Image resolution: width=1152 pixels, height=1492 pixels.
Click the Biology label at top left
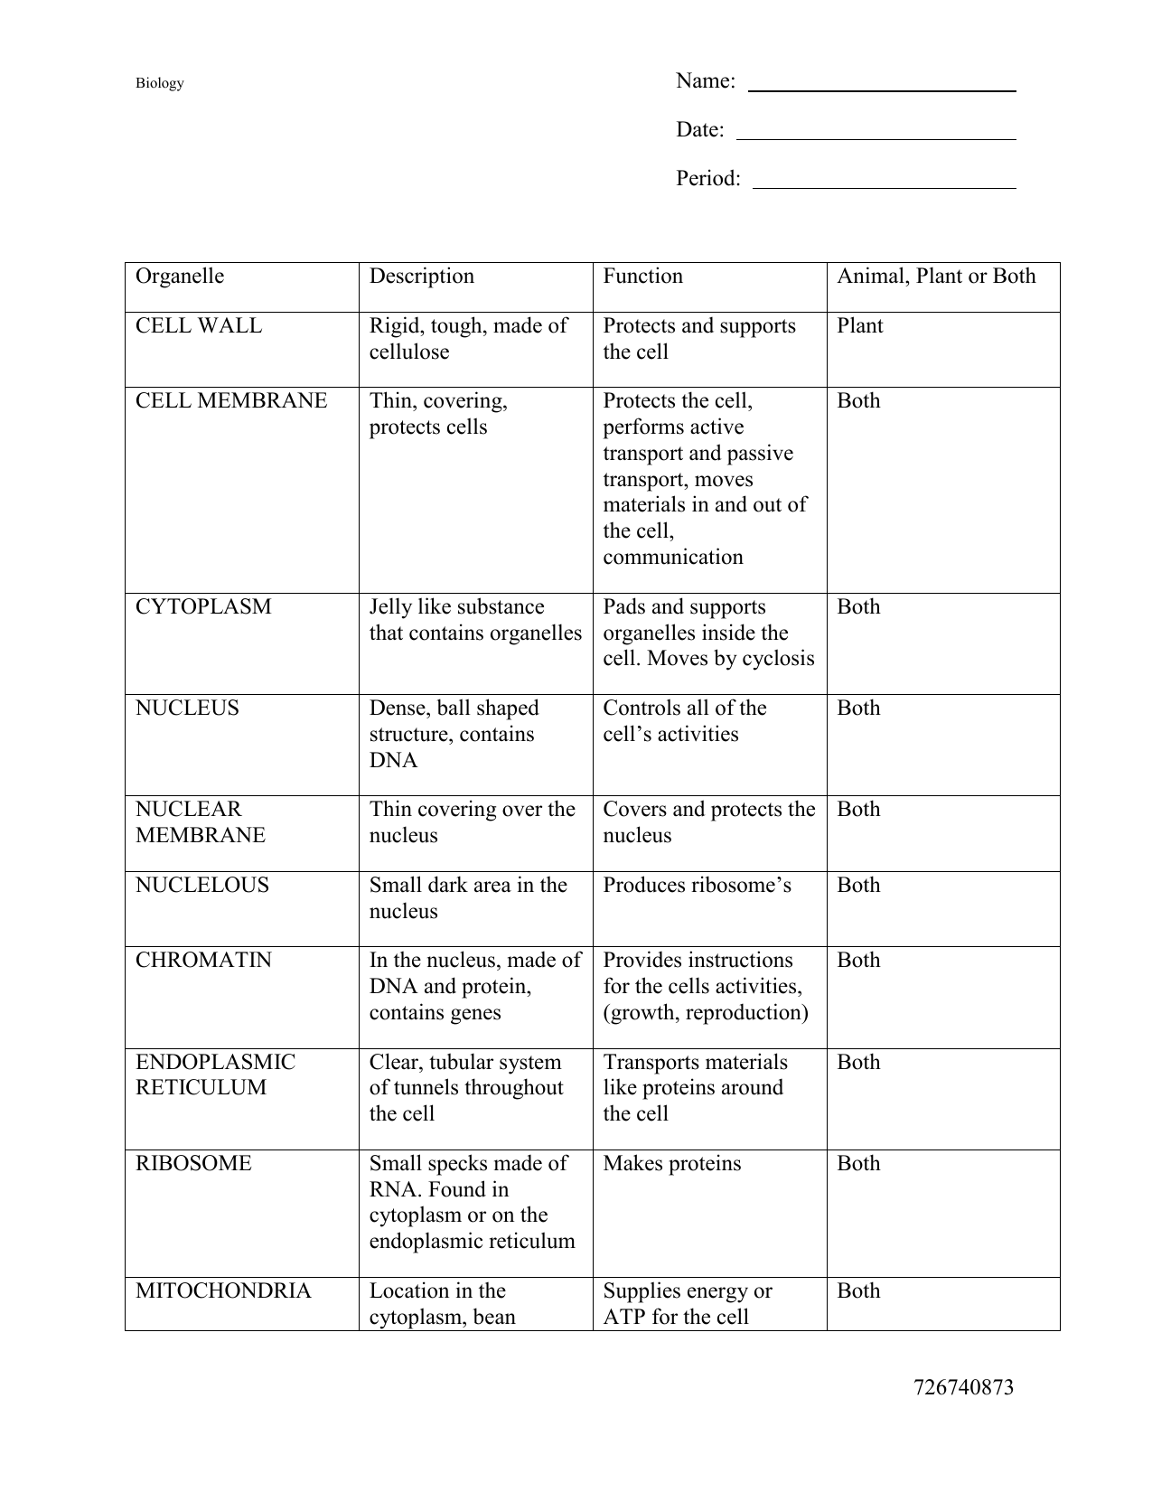(159, 83)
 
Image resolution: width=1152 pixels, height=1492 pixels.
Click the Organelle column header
(180, 277)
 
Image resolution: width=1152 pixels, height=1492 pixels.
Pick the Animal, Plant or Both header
(936, 277)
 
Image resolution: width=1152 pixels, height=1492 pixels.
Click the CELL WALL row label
(199, 326)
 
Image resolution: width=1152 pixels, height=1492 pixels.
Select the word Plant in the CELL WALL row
(859, 326)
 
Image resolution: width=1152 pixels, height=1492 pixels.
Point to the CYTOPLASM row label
(203, 607)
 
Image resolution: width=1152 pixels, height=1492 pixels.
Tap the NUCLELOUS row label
(202, 886)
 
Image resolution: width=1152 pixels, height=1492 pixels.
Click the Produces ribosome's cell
(697, 886)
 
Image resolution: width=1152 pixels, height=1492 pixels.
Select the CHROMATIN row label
(203, 961)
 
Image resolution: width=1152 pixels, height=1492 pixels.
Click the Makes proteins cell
(671, 1164)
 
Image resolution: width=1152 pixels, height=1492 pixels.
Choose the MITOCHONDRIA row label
(223, 1291)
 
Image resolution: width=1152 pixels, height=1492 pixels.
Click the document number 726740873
(963, 1388)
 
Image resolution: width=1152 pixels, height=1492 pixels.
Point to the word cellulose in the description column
(408, 352)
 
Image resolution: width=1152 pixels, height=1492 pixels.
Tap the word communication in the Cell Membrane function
(672, 558)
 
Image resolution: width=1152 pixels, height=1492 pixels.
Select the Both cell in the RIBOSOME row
(857, 1164)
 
